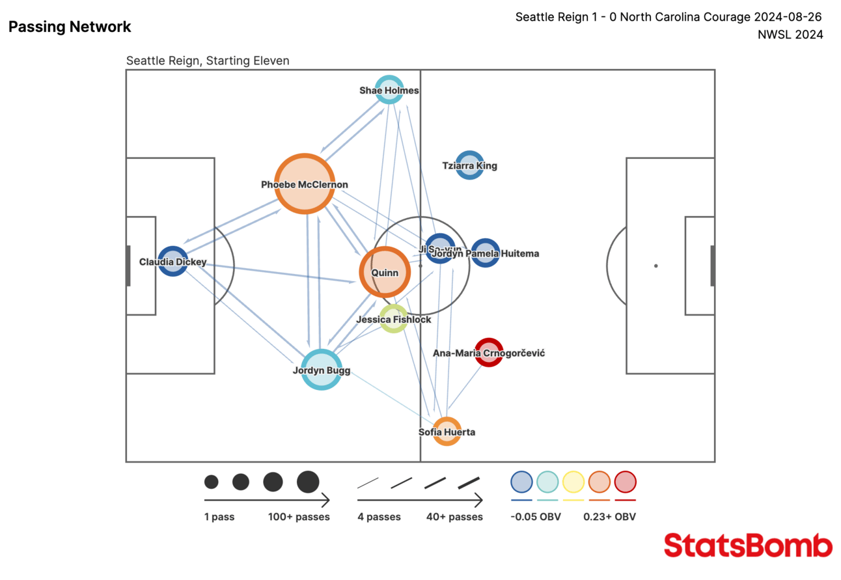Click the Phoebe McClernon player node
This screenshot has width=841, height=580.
305,184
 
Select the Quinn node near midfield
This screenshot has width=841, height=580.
385,272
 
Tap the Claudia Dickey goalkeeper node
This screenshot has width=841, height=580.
172,262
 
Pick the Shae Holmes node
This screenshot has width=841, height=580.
389,90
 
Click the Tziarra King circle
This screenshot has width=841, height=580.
469,165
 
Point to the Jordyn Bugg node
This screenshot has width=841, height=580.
322,370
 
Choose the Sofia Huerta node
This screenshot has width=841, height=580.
447,432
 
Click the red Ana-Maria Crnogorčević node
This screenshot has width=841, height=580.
489,353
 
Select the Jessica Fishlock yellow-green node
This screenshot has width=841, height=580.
394,319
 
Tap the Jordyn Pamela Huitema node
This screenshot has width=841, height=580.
486,253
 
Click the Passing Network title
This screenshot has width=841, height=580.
70,27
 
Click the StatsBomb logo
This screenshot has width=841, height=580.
748,545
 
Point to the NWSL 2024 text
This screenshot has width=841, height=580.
790,35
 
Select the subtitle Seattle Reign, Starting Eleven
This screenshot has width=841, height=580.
208,61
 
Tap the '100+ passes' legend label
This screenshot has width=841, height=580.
299,517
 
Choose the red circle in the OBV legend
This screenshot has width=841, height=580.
625,482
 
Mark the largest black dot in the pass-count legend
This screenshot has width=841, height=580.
308,482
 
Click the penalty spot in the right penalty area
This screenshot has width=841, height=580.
655,266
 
